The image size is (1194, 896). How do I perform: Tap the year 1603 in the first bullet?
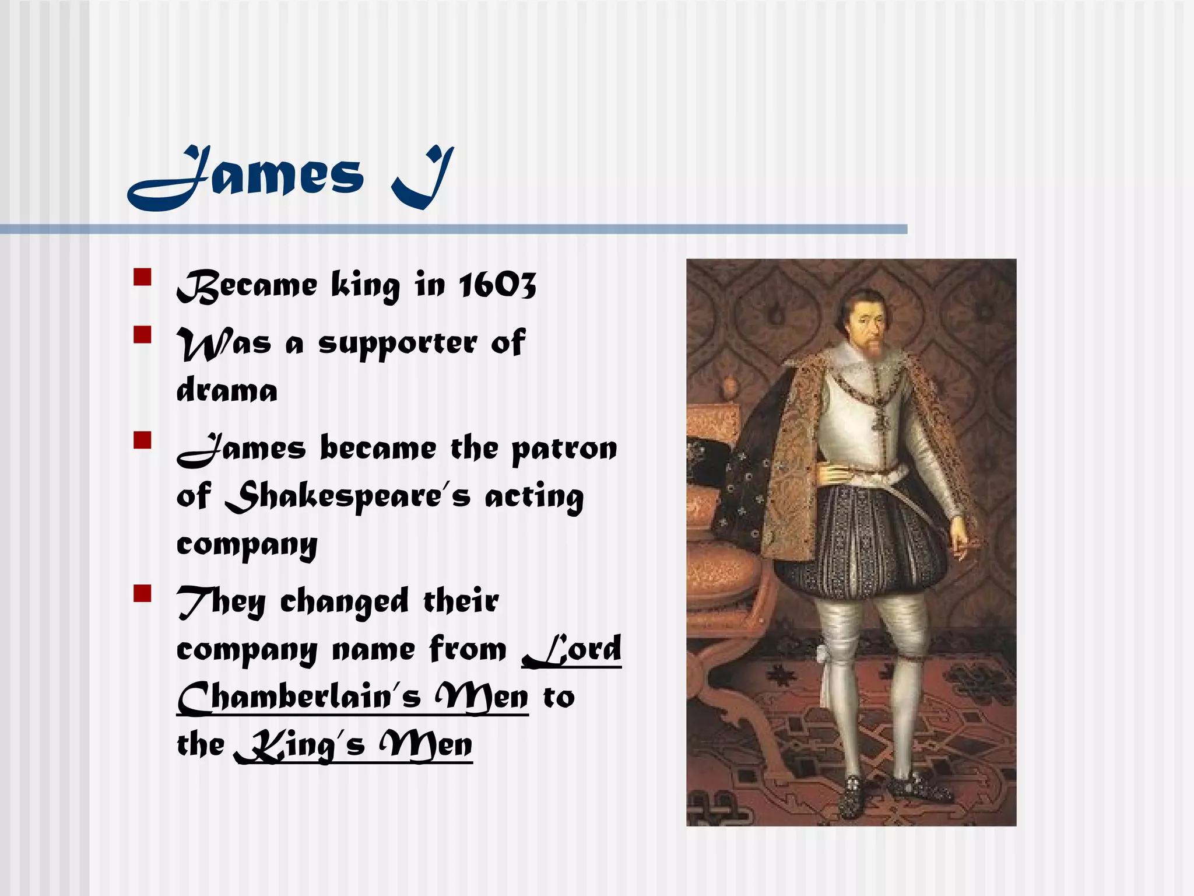pos(497,285)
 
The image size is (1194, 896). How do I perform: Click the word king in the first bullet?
pos(366,285)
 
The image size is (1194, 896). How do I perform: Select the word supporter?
pos(398,344)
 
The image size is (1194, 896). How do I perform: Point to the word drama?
pos(227,390)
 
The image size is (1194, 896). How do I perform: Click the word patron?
pos(564,450)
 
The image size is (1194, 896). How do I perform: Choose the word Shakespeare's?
pos(347,497)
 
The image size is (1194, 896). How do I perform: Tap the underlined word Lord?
pos(572,649)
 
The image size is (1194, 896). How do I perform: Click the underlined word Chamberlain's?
pos(298,698)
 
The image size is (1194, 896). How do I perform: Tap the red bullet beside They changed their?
pos(142,593)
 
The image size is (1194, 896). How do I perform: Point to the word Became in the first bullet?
pos(247,285)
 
